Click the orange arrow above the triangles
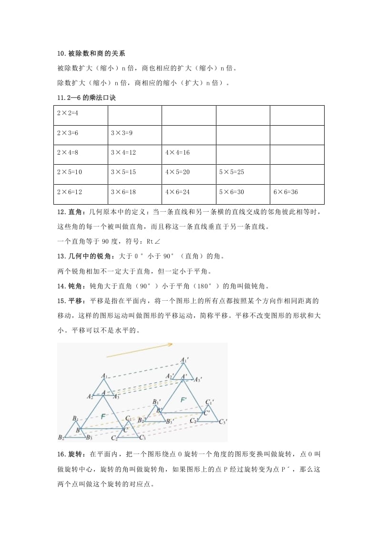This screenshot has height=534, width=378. point(139,350)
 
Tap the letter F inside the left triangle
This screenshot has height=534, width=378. point(103,416)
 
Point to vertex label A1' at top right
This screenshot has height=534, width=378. point(184,360)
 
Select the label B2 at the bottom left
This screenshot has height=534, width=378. point(61,437)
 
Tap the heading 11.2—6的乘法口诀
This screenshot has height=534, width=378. point(86,98)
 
